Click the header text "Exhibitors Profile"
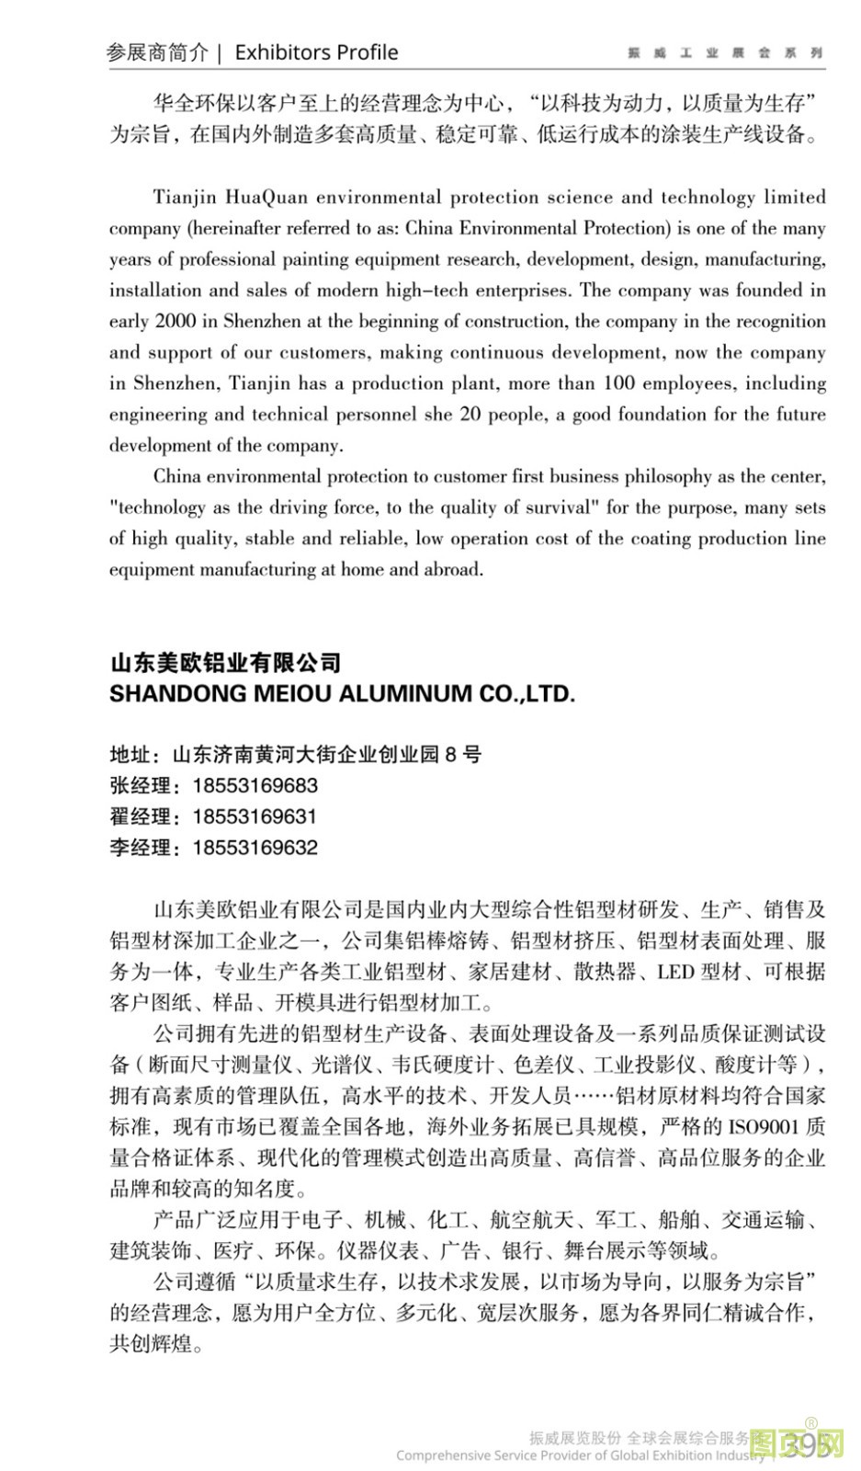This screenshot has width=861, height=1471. coord(316,52)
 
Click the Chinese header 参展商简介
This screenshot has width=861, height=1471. coord(158,52)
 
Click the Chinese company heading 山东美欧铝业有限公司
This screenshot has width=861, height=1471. coord(225,662)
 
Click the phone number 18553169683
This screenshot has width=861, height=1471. coord(255,786)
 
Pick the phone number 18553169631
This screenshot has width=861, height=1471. coord(255,816)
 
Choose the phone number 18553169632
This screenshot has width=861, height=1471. coord(255,848)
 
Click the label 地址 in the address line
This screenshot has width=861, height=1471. coord(130,755)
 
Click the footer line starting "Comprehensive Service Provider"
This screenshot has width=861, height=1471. coord(580,1455)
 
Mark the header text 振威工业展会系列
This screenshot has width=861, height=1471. coord(725,53)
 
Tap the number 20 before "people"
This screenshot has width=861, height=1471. coord(470,414)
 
